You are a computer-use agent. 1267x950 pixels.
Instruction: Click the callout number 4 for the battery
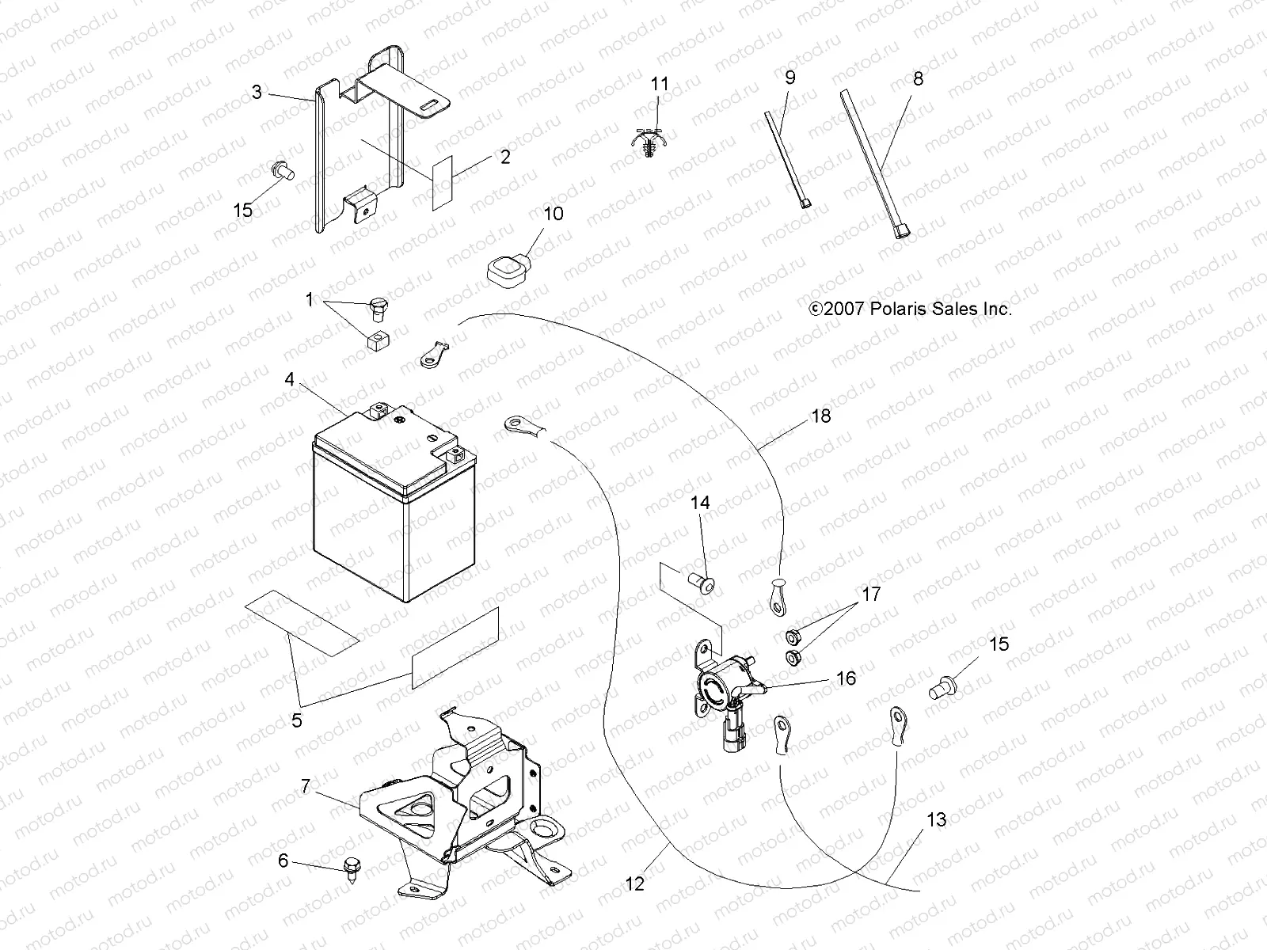click(x=290, y=380)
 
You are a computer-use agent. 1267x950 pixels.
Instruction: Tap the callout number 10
click(x=554, y=214)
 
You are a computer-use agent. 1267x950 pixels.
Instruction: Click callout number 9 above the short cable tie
click(x=789, y=78)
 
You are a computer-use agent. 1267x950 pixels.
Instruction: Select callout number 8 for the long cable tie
click(x=918, y=78)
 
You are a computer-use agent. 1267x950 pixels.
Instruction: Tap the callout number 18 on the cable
click(x=821, y=416)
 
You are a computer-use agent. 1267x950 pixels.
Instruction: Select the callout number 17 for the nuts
click(x=871, y=594)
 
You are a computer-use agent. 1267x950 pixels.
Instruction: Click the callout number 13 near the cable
click(x=936, y=820)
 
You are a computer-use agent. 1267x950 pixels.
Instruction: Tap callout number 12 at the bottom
click(x=635, y=883)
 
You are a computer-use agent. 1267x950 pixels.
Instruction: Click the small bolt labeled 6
click(x=350, y=866)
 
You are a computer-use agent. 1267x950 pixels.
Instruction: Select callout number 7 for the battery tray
click(x=305, y=786)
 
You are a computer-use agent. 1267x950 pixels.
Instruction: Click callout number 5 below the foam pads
click(x=297, y=720)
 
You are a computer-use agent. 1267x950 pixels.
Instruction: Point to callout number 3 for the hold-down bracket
click(x=257, y=93)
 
